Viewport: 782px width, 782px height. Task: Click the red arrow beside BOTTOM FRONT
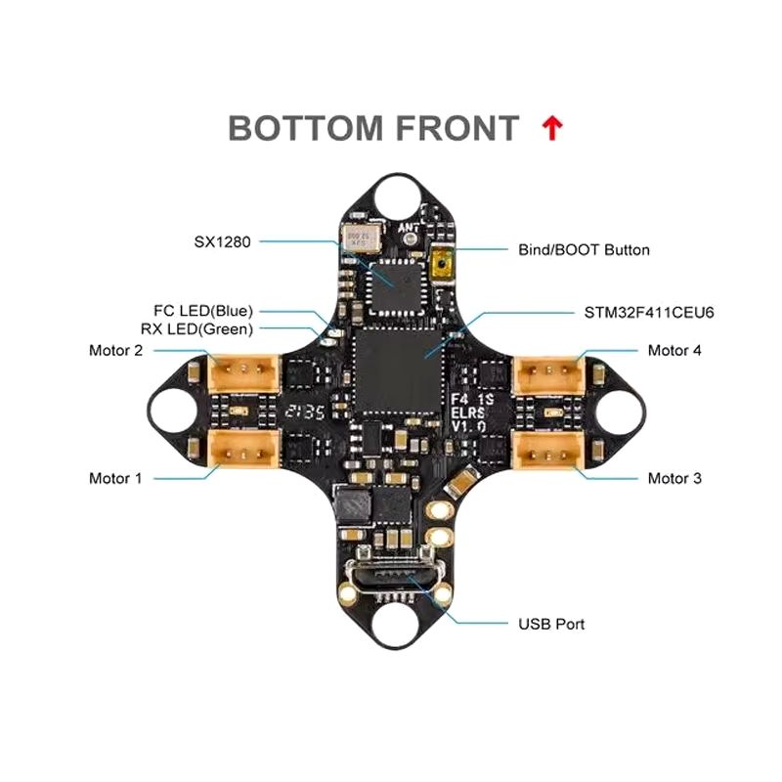[x=552, y=128]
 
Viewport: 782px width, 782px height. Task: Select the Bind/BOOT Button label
[x=584, y=249]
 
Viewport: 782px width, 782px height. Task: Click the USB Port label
[x=551, y=623]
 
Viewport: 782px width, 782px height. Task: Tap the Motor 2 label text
[x=115, y=350]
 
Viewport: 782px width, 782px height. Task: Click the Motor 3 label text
[x=673, y=478]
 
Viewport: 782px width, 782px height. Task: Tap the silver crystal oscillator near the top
[x=359, y=238]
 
